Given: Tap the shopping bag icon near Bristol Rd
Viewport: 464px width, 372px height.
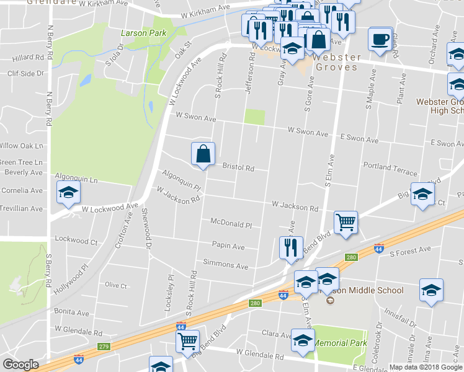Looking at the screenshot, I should coord(203,154).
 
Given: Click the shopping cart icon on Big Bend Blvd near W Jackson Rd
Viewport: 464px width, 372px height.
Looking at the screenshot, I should coord(346,222).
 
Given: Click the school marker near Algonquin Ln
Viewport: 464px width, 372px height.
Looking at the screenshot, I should coord(68,193).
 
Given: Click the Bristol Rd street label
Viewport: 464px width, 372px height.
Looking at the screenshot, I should coord(239,167).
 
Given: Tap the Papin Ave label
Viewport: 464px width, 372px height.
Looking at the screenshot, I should coord(228,246).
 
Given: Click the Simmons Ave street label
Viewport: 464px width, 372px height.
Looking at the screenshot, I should coord(230,266).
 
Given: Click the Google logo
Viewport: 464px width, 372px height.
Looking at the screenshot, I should coord(21,365).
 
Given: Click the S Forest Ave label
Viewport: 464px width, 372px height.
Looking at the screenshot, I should coord(409,250).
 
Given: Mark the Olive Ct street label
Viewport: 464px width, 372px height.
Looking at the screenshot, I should coord(115,285).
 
